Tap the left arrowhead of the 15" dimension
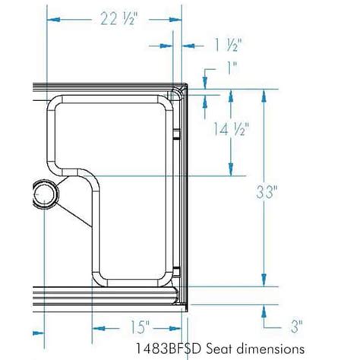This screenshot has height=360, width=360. [97, 327]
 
